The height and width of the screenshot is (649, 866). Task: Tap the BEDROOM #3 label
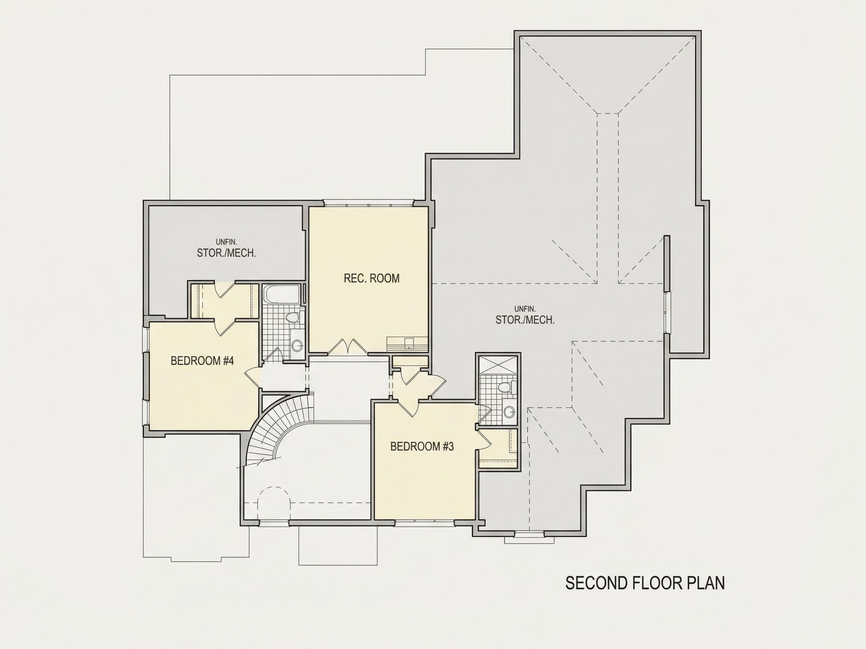[x=422, y=446]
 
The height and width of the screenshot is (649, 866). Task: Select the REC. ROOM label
[x=371, y=278]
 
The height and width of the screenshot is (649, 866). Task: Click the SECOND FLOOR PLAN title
[x=645, y=583]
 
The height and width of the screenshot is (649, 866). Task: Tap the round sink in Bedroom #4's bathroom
[x=297, y=346]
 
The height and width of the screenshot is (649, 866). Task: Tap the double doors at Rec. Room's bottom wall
[x=347, y=347]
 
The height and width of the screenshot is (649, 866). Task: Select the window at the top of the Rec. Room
[x=368, y=203]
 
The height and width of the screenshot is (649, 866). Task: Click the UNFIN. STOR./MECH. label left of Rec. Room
[x=226, y=249]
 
